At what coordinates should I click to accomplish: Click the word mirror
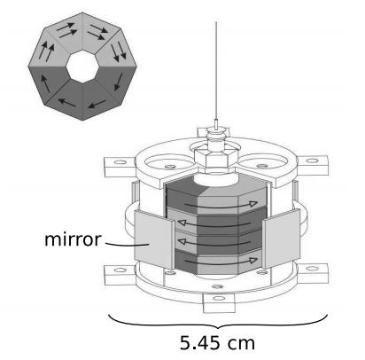click(x=73, y=239)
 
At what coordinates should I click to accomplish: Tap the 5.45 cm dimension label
click(x=217, y=343)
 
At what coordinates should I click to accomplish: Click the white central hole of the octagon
click(x=82, y=67)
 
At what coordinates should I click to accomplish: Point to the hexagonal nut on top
click(x=216, y=157)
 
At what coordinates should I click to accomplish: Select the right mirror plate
click(x=281, y=239)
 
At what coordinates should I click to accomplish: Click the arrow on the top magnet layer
click(x=221, y=205)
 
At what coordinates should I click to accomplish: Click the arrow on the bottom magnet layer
click(x=221, y=262)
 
